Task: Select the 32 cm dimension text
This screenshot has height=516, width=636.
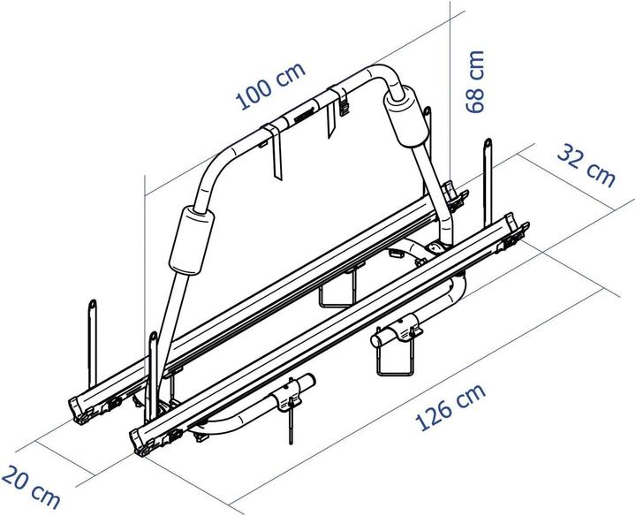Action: tap(586, 164)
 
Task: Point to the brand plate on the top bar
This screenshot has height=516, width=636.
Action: tap(300, 115)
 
